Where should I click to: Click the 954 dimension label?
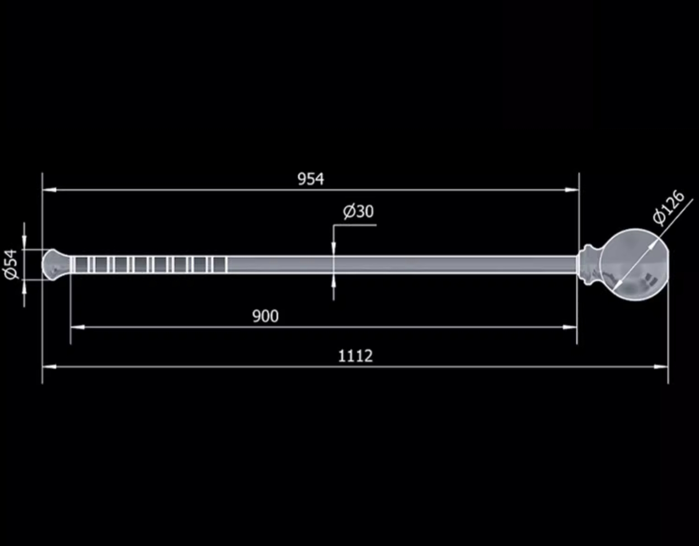coord(311,179)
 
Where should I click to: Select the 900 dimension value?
coord(265,316)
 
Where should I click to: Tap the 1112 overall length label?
coord(355,356)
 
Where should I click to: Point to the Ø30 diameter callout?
coord(358,211)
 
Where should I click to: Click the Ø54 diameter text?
coord(11,264)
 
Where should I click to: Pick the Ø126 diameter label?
coord(668,207)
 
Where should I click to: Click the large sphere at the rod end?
coord(634,265)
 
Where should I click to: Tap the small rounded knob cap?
coord(56,264)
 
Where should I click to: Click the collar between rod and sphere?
coord(589,265)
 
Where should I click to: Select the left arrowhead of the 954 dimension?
coord(49,190)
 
